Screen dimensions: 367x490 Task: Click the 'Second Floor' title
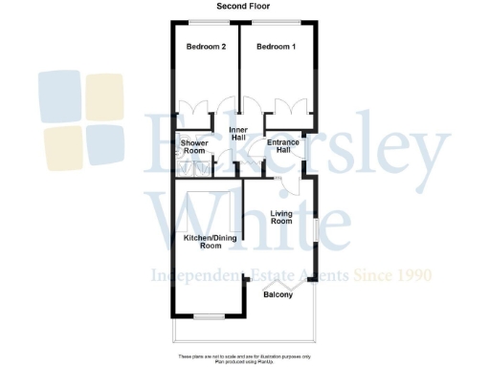(x=243, y=7)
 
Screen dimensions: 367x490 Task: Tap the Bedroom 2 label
(x=206, y=47)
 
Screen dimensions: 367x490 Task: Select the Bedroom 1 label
(x=277, y=47)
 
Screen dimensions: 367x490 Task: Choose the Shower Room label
(x=194, y=146)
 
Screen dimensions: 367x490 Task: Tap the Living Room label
(x=280, y=217)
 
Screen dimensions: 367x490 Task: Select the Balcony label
(x=278, y=307)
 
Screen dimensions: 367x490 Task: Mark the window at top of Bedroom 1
(x=278, y=21)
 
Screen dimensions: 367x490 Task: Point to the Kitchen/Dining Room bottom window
(x=208, y=315)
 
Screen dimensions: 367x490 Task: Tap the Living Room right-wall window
(x=318, y=229)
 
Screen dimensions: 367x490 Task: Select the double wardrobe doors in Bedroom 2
(x=193, y=108)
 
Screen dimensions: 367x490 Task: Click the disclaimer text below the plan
(x=244, y=356)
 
